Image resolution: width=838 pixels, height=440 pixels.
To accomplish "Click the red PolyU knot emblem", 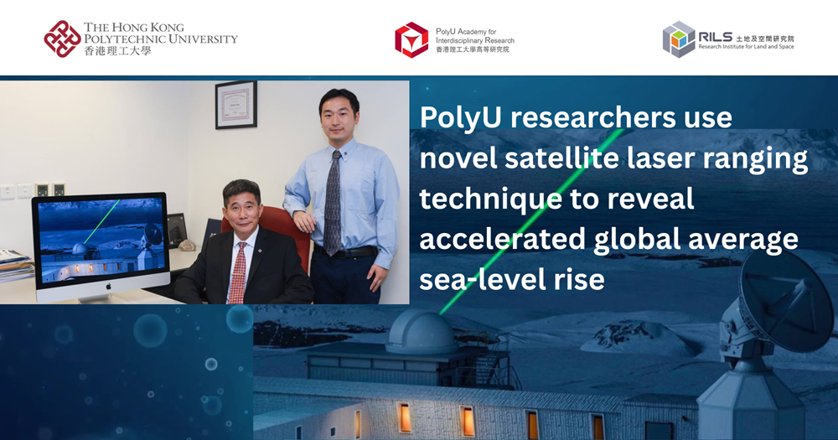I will tap(62, 39).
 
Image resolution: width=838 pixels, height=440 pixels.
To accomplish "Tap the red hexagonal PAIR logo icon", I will tap(411, 39).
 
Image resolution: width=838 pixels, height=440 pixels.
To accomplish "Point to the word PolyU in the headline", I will tap(458, 118).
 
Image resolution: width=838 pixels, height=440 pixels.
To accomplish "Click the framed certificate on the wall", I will tap(235, 105).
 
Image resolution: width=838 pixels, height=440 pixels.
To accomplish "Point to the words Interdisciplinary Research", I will tap(475, 40).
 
